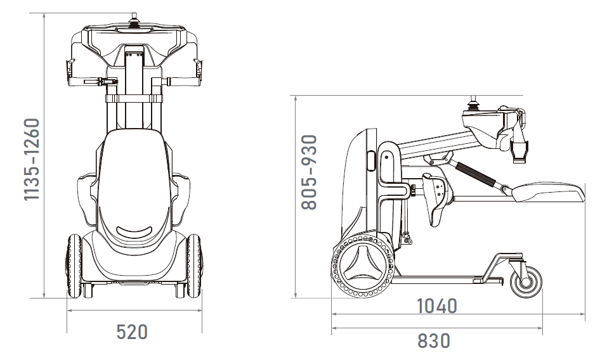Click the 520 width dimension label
coord(132,332)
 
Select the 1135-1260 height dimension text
coord(32,159)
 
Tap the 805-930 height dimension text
coord(310,172)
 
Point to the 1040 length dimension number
coord(436,306)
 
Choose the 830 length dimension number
coord(434,340)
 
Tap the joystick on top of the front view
coord(134,20)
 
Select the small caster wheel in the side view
coord(526,281)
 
